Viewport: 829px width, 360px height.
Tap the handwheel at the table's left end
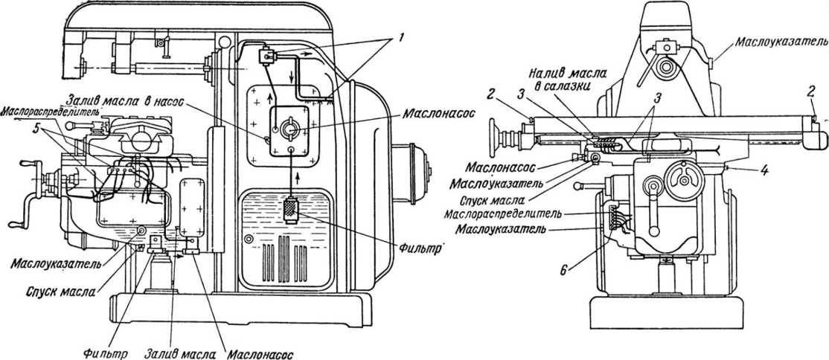coord(498,137)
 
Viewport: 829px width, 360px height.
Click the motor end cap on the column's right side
coord(419,173)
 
